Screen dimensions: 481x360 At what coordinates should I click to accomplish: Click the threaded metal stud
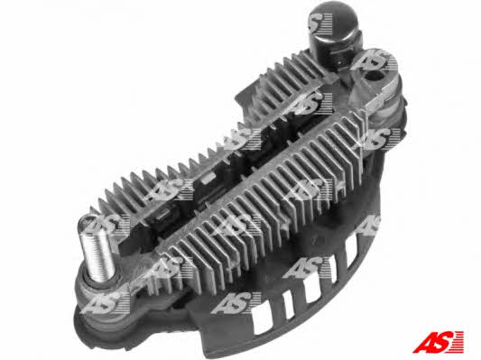pyautogui.click(x=97, y=248)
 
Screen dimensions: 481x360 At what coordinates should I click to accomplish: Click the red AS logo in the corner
pyautogui.click(x=439, y=342)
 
